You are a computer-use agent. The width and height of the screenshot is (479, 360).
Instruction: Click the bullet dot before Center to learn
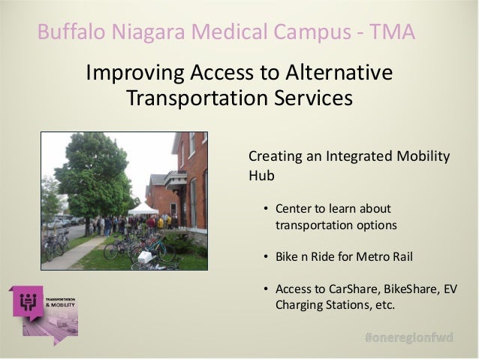[267, 208]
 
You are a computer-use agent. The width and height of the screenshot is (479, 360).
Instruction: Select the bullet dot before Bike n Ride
[267, 257]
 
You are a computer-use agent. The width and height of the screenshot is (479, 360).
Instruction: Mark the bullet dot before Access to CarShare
[267, 289]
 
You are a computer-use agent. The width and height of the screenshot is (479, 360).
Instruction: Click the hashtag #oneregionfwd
[409, 336]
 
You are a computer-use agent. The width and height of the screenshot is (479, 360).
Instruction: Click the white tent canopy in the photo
[143, 208]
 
